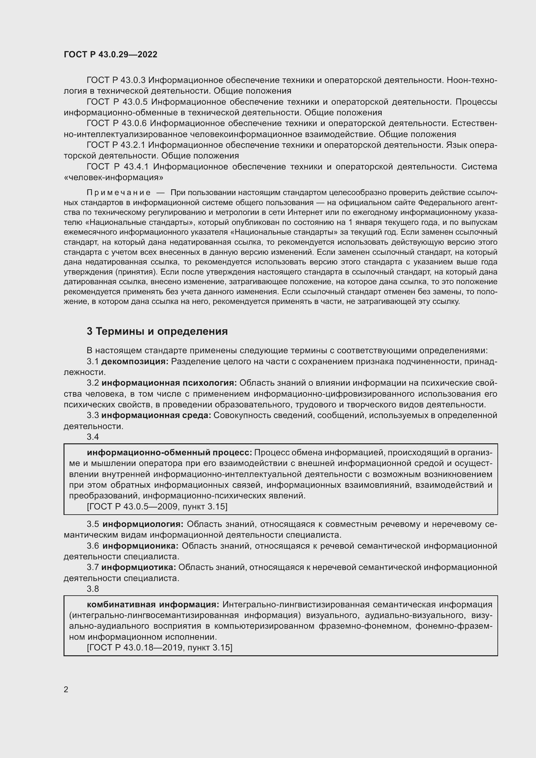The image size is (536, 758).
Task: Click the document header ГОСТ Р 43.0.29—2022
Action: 110,54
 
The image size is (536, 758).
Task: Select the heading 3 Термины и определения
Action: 157,331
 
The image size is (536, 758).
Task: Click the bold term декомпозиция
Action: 135,362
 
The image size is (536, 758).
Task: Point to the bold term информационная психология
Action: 169,383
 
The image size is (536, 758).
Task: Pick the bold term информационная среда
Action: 156,415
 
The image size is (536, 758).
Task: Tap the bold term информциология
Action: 143,524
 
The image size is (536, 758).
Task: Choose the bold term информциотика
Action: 139,567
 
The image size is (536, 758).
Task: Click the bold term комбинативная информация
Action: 153,604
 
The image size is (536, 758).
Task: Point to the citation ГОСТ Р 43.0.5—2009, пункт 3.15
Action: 157,507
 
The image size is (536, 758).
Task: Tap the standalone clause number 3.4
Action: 93,437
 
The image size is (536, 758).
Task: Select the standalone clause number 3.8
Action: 93,589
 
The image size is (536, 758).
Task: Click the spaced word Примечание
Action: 119,192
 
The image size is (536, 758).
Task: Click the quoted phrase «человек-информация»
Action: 113,177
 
